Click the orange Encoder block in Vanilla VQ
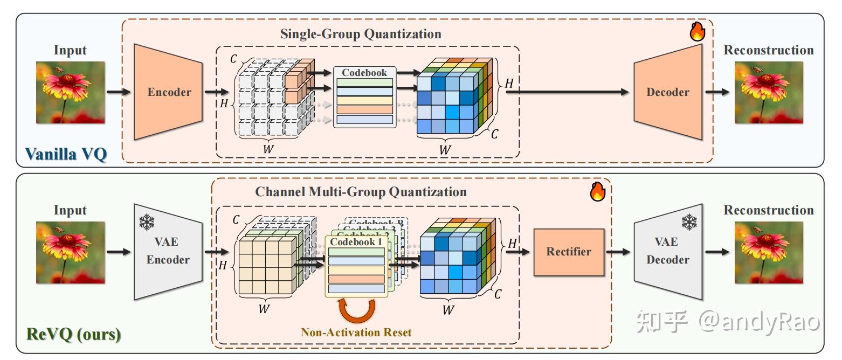click(169, 92)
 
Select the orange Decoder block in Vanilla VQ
click(668, 92)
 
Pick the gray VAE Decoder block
click(668, 252)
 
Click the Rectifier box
click(569, 252)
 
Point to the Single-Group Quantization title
click(361, 34)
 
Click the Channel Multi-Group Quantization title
click(361, 192)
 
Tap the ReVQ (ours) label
click(73, 334)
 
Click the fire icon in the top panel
click(698, 32)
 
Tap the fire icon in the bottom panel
click(597, 192)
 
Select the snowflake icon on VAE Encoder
click(146, 222)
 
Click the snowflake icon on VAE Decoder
click(689, 221)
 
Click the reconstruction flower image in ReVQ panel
click(769, 252)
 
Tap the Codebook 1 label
click(356, 242)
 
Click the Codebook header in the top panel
click(364, 73)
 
